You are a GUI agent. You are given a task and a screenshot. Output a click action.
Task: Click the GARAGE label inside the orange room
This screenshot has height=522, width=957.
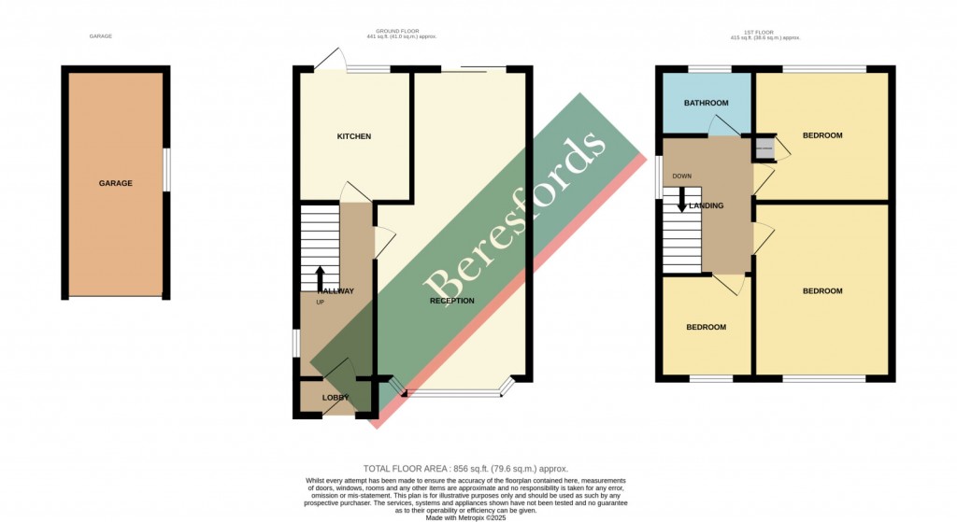[116, 183]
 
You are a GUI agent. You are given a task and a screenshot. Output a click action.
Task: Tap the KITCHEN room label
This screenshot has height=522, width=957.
[354, 136]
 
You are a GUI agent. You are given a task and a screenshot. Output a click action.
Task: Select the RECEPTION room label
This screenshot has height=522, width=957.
[452, 301]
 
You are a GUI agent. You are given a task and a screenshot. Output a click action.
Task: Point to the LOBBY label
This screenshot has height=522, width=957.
[336, 398]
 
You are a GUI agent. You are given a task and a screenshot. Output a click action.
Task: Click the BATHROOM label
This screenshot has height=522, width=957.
[706, 103]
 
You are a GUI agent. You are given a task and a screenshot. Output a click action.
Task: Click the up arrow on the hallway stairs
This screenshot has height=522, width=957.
[320, 276]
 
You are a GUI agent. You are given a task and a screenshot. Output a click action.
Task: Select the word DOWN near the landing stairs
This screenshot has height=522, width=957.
[681, 176]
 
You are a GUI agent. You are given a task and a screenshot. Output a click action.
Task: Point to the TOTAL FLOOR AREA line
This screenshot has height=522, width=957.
[464, 468]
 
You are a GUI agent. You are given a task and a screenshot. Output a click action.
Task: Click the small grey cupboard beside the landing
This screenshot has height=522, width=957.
[765, 147]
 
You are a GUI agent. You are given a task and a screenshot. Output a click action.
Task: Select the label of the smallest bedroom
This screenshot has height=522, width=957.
[706, 327]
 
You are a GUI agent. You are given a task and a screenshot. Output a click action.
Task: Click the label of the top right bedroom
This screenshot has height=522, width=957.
[822, 135]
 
